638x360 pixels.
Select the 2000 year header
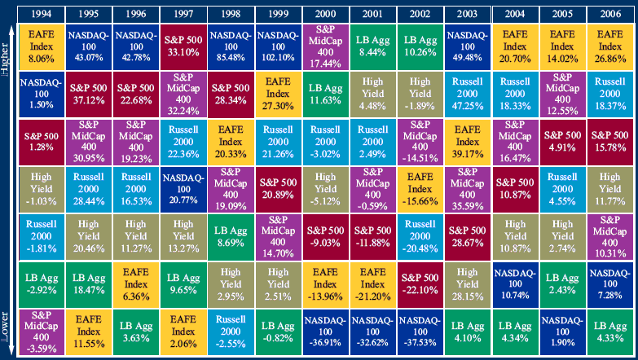pos(325,13)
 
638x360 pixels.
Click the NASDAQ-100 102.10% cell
pos(279,46)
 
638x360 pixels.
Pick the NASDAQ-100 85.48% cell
pos(231,46)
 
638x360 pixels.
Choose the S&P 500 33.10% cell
pos(183,46)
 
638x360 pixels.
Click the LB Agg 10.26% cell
pos(420,46)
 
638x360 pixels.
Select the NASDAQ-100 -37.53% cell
pos(420,331)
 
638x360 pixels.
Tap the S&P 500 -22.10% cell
pos(420,283)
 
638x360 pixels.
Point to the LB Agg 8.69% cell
pos(231,235)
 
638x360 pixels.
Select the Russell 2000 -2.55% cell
pos(231,331)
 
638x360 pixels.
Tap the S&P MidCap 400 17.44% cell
pos(325,46)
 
